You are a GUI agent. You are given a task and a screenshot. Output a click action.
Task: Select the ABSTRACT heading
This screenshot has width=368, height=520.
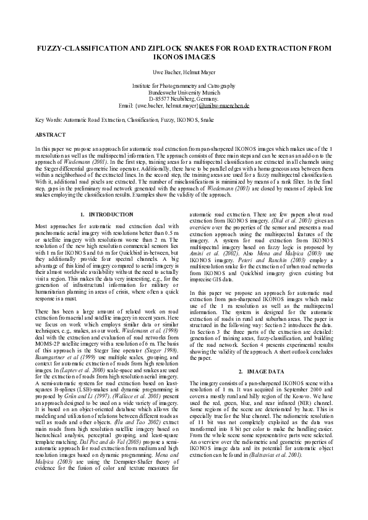tap(51, 134)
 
